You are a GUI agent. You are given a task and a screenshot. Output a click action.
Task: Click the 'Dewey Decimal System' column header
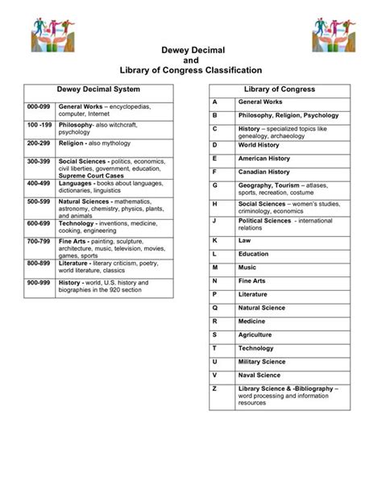point(98,89)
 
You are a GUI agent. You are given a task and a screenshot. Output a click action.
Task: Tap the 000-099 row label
point(39,106)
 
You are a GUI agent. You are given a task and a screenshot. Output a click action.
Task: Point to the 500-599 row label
point(39,201)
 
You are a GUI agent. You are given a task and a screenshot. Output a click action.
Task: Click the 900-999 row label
point(39,284)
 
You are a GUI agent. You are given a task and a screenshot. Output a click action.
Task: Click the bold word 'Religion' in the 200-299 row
point(72,143)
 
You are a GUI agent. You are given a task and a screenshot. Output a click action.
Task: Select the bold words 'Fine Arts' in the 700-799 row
point(74,242)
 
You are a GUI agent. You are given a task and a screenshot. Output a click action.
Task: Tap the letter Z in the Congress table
point(215,388)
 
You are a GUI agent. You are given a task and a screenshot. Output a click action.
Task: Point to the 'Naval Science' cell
point(260,375)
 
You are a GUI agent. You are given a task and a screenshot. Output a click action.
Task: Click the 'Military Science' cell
point(262,361)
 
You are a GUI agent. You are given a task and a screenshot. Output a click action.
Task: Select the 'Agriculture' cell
point(256,334)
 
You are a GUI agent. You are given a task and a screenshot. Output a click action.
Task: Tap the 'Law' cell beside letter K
point(243,240)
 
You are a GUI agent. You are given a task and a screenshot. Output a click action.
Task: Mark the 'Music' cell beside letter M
point(247,267)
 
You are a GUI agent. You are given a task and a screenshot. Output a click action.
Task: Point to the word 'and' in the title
point(191,60)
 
